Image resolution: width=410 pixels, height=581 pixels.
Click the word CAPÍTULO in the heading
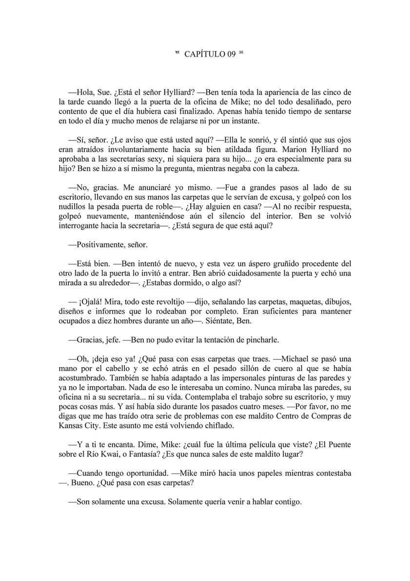pos(205,55)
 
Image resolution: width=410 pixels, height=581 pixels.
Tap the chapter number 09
pos(233,55)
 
